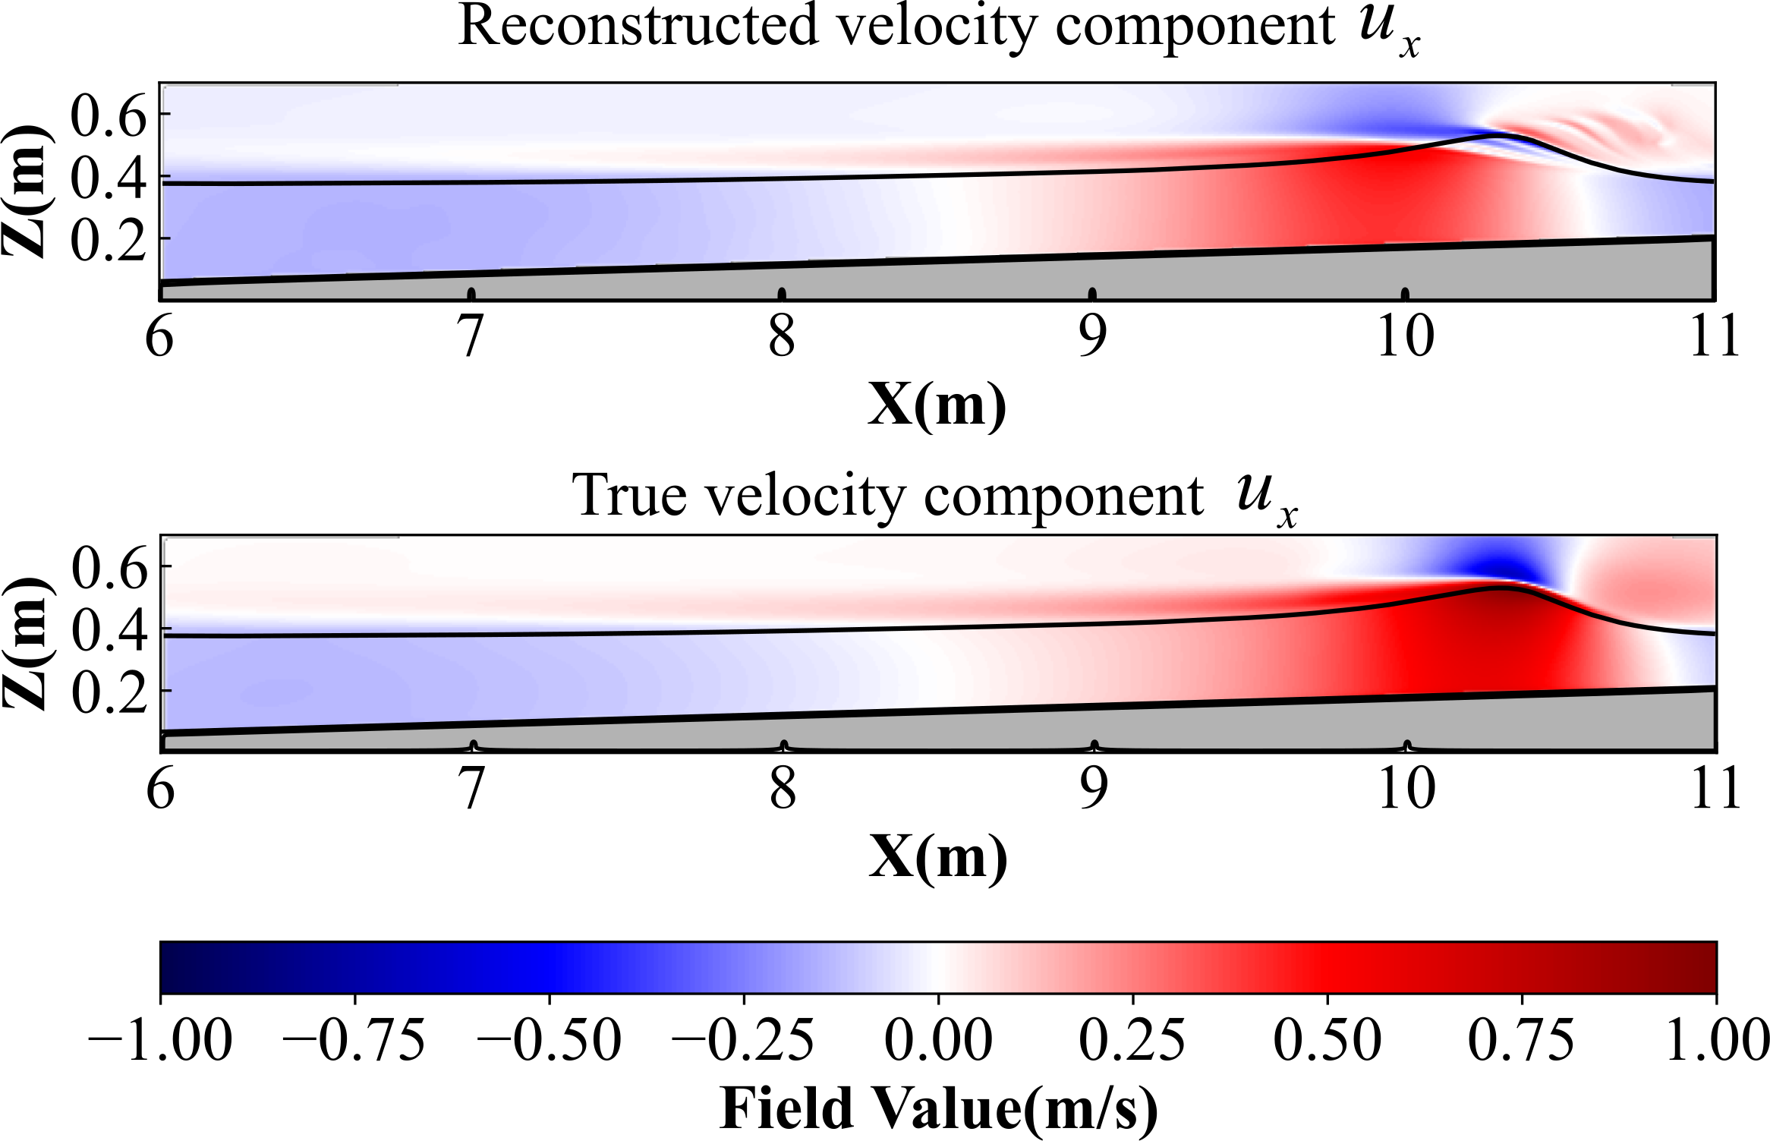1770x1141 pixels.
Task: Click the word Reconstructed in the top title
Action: [638, 27]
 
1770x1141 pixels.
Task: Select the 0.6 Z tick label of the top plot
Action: [108, 115]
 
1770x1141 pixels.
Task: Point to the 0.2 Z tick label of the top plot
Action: [108, 240]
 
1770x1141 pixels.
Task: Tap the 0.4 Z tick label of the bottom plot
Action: [109, 630]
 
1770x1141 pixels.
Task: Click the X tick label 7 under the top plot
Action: [471, 336]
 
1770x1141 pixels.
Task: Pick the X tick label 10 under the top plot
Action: [1405, 336]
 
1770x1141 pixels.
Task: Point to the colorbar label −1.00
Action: [160, 1041]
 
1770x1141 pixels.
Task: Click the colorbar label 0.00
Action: [938, 1041]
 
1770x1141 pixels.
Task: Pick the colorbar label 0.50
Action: [1327, 1041]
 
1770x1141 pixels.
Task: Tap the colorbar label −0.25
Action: [743, 1041]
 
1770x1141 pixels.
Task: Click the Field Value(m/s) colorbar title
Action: [938, 1109]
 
